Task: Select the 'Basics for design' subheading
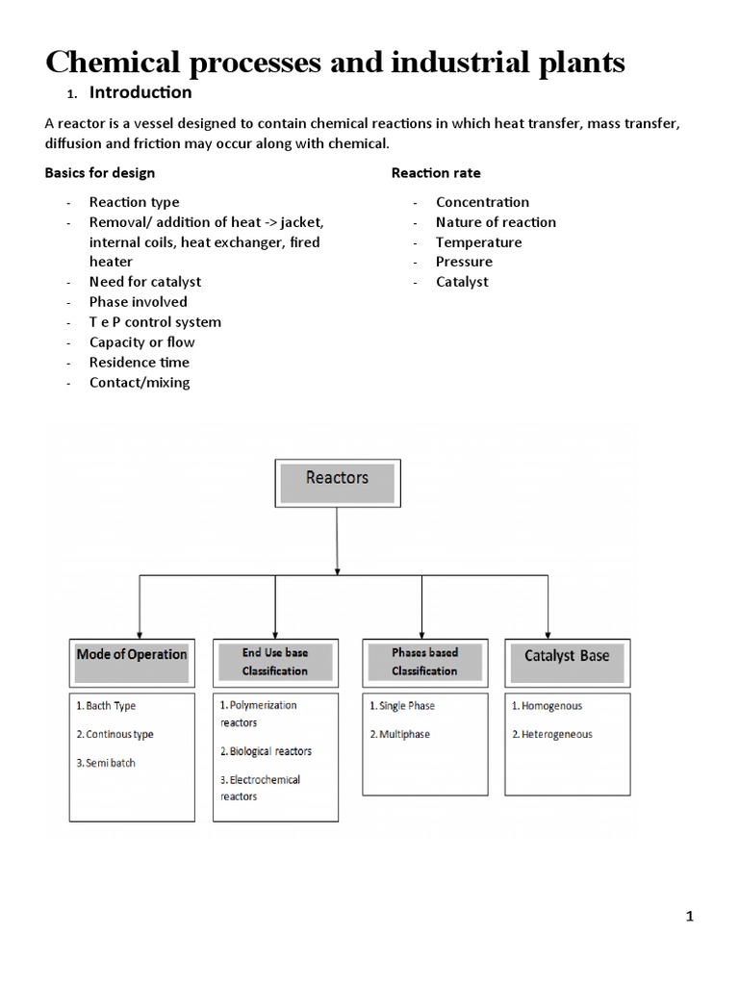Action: coord(100,173)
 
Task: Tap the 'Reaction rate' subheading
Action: coord(436,173)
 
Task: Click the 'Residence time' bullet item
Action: coord(140,363)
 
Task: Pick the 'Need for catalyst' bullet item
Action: coord(145,282)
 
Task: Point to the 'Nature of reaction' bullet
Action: coord(496,222)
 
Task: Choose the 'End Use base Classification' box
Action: coord(275,661)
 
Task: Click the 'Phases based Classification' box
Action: coord(424,661)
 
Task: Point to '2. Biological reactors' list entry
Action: coord(266,751)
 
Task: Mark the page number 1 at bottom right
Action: coord(689,917)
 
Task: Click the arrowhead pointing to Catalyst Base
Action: coord(548,630)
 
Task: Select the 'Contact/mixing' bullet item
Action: coord(140,383)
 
